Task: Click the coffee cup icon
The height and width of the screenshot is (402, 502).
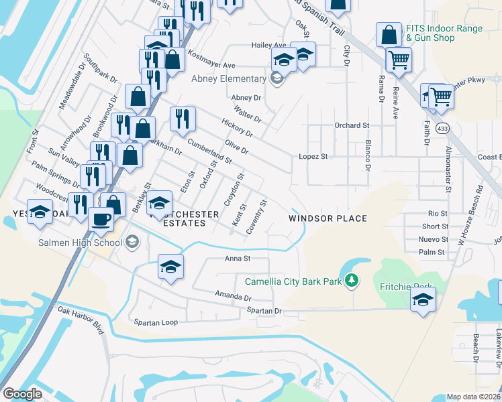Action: click(101, 218)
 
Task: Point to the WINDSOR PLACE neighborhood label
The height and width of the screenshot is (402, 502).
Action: click(328, 218)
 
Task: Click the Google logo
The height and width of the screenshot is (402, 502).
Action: click(22, 394)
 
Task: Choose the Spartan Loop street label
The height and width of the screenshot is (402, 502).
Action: click(156, 322)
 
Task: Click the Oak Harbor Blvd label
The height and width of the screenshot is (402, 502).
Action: click(81, 320)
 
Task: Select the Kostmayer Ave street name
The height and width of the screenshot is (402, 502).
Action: click(211, 59)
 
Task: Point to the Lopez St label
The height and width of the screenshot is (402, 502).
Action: click(313, 156)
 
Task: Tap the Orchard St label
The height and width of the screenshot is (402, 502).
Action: click(352, 125)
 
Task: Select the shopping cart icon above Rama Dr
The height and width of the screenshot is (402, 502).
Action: click(399, 60)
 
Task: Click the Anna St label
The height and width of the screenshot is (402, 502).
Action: click(238, 258)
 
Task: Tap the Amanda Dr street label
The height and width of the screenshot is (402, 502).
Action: click(233, 296)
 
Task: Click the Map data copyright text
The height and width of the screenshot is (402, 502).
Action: click(474, 397)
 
